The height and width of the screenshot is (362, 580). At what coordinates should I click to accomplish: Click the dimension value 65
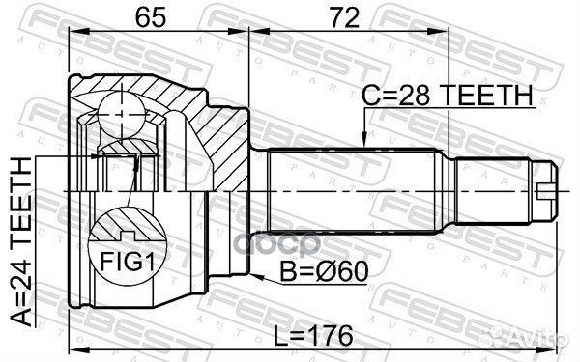[x=150, y=17]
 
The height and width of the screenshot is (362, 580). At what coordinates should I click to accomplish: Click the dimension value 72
[x=345, y=17]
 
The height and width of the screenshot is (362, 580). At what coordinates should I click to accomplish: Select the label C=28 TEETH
[x=448, y=95]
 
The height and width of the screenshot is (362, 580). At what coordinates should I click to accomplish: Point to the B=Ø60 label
[x=324, y=271]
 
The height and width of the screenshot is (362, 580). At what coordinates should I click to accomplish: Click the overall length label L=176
[x=313, y=335]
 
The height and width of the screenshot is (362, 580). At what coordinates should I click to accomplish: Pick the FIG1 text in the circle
[x=127, y=262]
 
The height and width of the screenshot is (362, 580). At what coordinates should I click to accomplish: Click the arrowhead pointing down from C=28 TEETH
[x=364, y=140]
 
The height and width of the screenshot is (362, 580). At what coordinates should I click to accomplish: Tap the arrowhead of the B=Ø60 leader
[x=257, y=276]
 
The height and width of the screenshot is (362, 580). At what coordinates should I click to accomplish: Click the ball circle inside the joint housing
[x=122, y=115]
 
